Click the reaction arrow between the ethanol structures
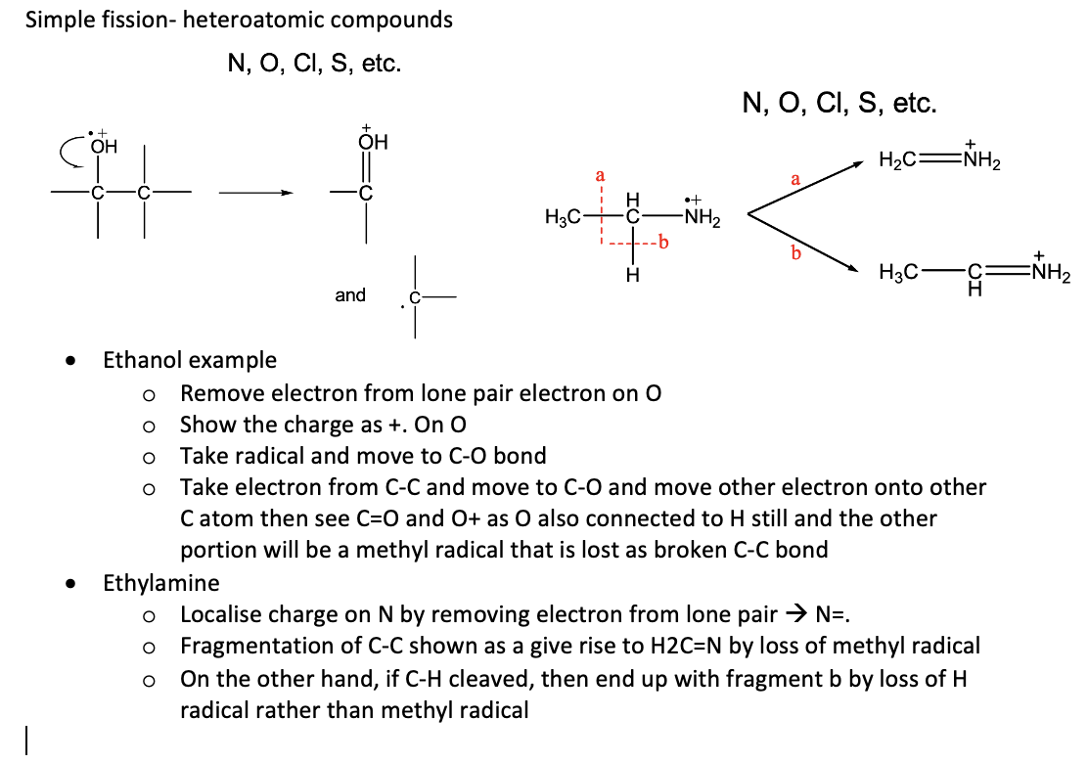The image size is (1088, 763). pos(256,193)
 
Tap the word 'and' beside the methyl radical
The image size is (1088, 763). pos(350,294)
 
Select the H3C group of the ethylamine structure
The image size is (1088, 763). pos(563,217)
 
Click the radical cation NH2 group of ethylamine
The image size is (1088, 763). pos(702,213)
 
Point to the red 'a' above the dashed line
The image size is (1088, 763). pos(600,175)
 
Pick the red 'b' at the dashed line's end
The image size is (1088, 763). pos(664,242)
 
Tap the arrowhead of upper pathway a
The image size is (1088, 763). pos(858,164)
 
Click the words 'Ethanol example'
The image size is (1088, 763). pos(190,360)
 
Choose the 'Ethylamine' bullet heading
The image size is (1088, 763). pos(161,583)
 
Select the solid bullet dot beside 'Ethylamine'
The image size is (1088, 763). pos(69,584)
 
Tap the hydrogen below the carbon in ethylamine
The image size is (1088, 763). pos(632,276)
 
